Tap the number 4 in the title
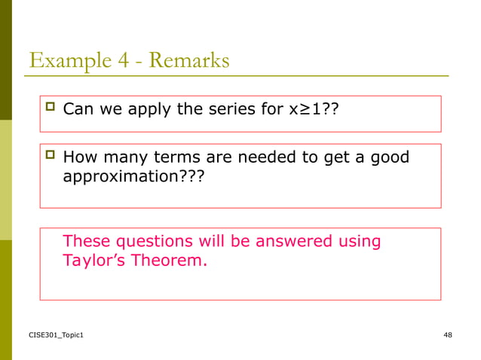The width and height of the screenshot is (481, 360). [121, 59]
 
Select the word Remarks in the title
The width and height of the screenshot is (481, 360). [188, 59]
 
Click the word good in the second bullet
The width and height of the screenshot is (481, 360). [389, 157]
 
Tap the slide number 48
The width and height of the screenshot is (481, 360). [448, 334]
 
